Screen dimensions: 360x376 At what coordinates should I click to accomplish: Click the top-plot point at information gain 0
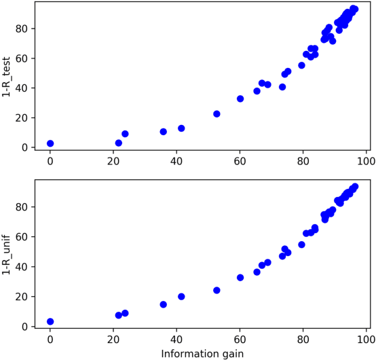click(50, 143)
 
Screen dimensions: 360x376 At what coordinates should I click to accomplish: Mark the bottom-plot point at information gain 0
click(50, 321)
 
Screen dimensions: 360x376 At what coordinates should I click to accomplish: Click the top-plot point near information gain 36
click(164, 132)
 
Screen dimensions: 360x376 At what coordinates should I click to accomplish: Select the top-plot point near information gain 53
click(217, 114)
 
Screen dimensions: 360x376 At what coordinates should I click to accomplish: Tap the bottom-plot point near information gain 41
click(181, 296)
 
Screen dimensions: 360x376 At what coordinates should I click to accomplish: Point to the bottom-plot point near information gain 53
click(217, 290)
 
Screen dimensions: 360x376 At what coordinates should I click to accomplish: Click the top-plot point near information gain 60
click(240, 98)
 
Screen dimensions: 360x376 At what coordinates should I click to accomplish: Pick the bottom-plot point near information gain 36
click(164, 304)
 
